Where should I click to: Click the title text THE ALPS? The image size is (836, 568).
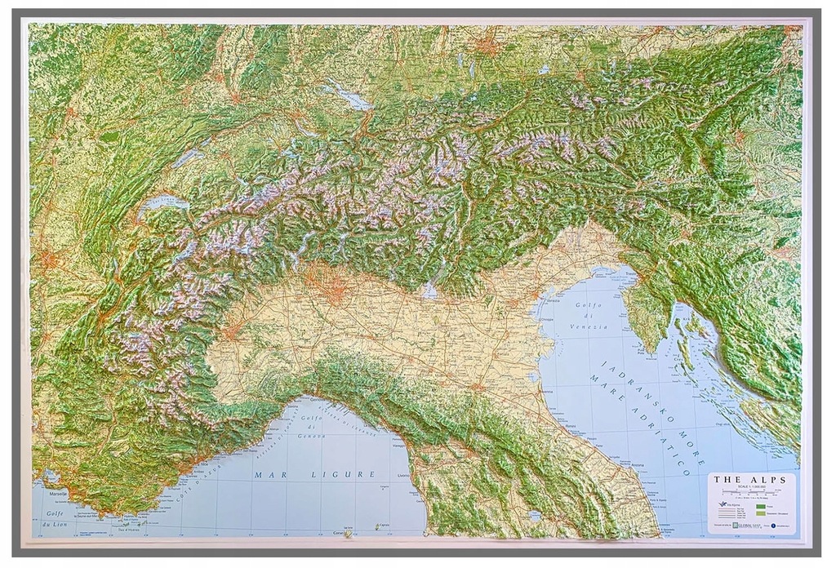coord(751,479)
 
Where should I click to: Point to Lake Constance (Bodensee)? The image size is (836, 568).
coord(349,95)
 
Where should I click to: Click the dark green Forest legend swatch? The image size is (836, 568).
coord(761,507)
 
